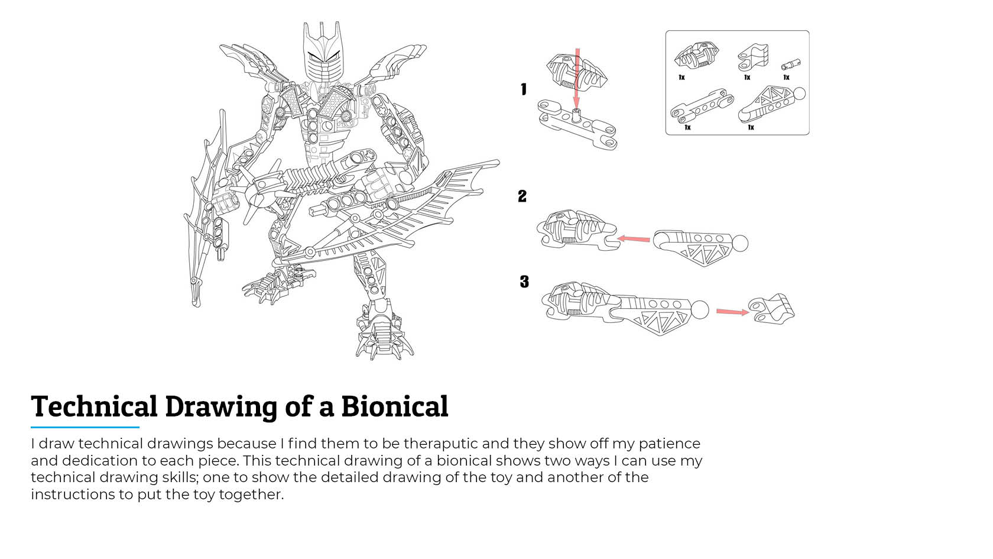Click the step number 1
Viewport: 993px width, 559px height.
524,89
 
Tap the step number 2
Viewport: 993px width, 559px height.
522,196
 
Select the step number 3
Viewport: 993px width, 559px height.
524,282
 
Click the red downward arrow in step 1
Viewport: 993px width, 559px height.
577,77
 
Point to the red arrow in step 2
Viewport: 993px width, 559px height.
634,239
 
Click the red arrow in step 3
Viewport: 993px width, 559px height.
732,312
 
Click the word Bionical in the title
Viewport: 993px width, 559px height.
394,406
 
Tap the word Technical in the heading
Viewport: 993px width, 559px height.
94,406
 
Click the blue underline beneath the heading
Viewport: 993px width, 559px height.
85,427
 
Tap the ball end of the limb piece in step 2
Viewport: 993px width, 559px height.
739,243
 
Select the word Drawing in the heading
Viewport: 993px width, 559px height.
221,406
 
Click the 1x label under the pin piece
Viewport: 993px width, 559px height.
786,77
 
